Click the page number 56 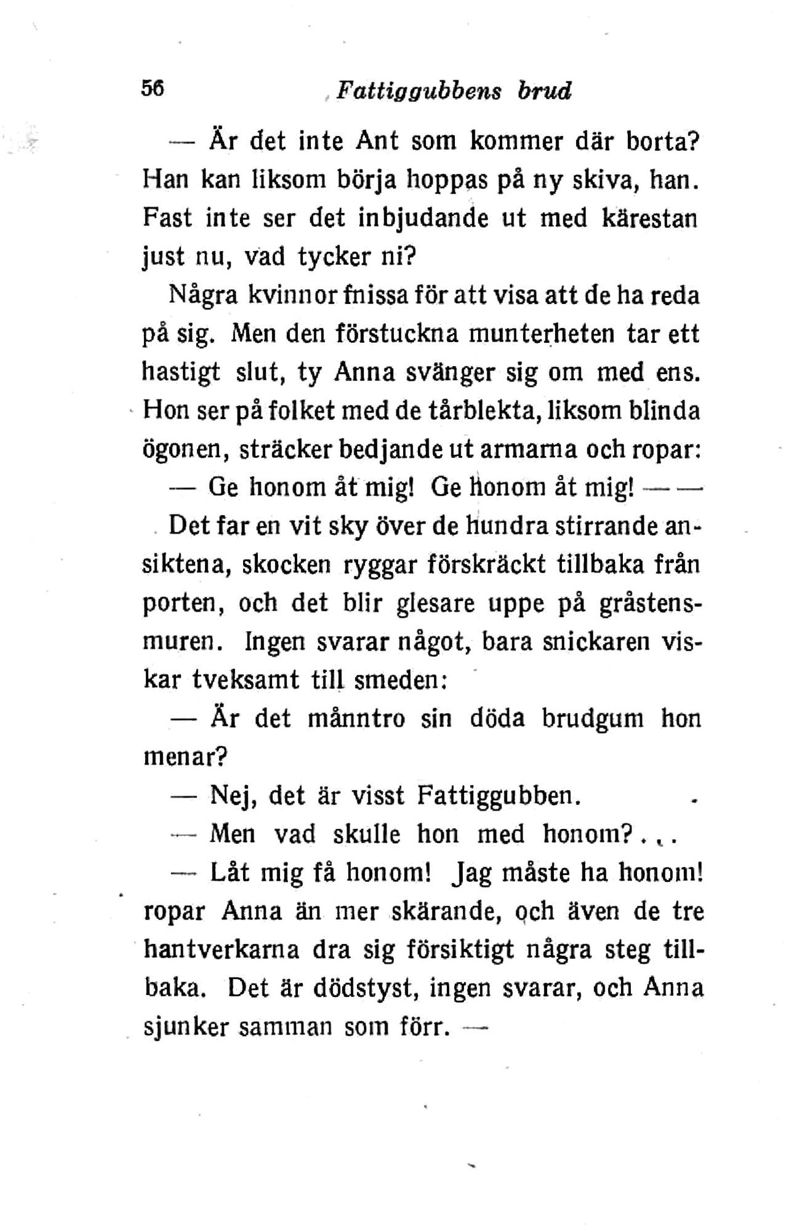coord(153,89)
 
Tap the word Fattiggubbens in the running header coord(419,91)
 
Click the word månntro coord(356,719)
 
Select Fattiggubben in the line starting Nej coord(499,795)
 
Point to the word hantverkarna coord(222,950)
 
